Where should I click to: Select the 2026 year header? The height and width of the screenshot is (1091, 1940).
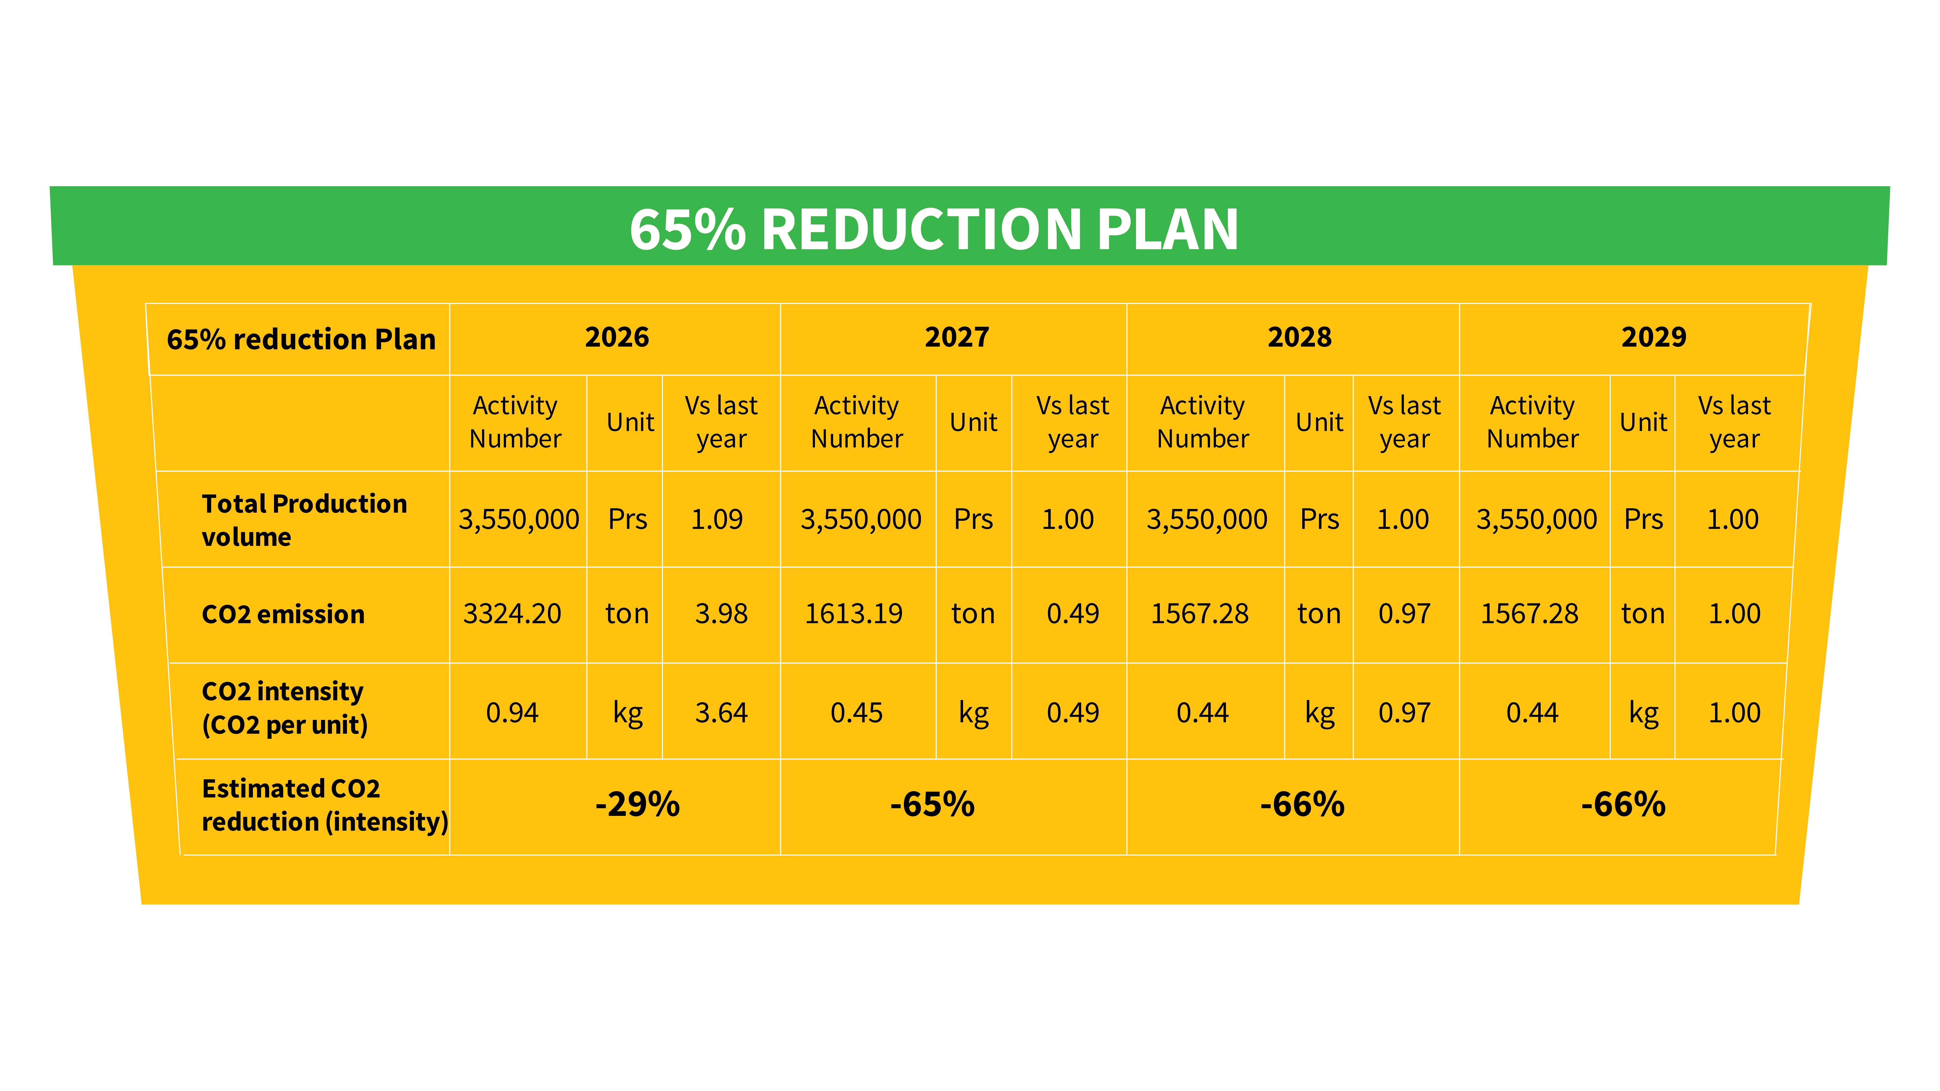(617, 337)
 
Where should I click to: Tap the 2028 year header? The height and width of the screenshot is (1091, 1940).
(1299, 337)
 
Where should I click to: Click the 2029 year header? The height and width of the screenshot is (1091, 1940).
(1654, 337)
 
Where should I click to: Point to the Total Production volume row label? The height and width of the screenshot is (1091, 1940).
(304, 519)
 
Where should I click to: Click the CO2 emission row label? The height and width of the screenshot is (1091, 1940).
(283, 614)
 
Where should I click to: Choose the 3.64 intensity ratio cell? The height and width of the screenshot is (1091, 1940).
(721, 712)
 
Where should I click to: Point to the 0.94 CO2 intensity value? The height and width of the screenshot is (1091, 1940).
(512, 712)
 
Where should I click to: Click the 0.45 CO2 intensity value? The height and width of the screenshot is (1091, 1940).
(856, 712)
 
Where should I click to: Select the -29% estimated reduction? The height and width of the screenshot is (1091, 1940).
(637, 805)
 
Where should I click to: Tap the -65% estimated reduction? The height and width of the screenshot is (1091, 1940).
(932, 805)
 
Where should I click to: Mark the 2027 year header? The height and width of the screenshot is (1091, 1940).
(957, 337)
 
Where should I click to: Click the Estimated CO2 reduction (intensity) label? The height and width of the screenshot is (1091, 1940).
(324, 805)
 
